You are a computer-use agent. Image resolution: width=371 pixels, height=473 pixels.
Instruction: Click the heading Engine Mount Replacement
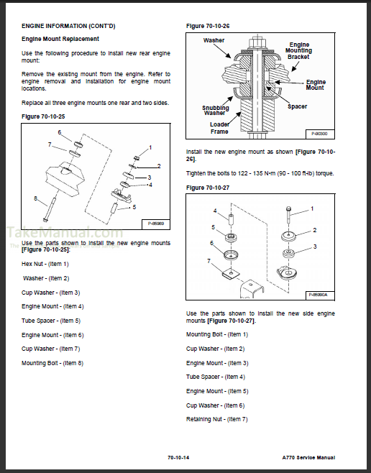click(60, 39)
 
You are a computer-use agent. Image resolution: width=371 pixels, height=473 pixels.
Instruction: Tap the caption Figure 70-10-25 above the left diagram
click(43, 116)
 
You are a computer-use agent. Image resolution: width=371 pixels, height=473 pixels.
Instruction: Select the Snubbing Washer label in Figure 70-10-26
click(216, 111)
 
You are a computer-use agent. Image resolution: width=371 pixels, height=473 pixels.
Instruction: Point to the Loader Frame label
click(219, 128)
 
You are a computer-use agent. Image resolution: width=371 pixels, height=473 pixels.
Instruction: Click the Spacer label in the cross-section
click(297, 106)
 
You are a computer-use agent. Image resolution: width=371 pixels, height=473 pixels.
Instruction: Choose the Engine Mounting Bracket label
click(298, 50)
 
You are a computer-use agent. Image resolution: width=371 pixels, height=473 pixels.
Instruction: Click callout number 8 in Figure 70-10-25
click(36, 198)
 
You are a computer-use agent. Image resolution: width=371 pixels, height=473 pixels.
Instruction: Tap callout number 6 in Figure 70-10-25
click(60, 132)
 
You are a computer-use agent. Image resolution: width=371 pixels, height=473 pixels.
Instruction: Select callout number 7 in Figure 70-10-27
click(209, 261)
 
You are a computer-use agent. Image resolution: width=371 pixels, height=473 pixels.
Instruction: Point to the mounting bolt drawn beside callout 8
click(50, 210)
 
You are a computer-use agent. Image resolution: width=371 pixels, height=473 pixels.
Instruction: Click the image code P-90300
click(319, 134)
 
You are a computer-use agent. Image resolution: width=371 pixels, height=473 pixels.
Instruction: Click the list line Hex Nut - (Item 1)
click(45, 264)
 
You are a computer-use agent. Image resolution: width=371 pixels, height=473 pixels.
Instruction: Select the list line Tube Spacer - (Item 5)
click(51, 321)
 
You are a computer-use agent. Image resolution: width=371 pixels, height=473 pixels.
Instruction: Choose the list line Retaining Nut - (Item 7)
click(217, 419)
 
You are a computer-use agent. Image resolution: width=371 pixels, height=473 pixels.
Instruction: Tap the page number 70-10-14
click(178, 458)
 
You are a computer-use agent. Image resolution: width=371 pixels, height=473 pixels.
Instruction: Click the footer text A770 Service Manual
click(308, 458)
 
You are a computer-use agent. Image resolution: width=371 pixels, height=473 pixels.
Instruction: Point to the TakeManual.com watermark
click(65, 233)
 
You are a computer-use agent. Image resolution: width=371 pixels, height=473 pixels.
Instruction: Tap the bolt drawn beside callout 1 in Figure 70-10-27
click(288, 215)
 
